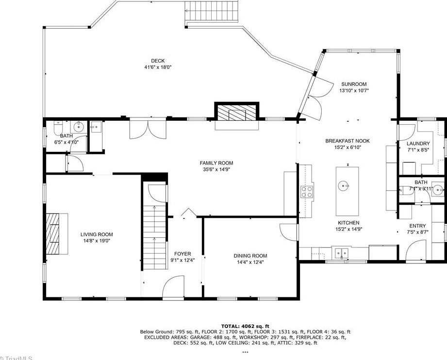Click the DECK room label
coord(158,61)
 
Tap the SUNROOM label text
coord(353,84)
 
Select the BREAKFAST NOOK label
coord(347,141)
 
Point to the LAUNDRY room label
coord(418,144)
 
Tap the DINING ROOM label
coord(250,256)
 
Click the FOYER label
coord(182,253)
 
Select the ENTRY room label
coord(417,226)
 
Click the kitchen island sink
coord(344,185)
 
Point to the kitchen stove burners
coord(307,192)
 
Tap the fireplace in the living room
coord(56,233)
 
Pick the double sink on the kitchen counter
coord(342,252)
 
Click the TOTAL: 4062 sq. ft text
coord(245,326)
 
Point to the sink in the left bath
coord(81,128)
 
